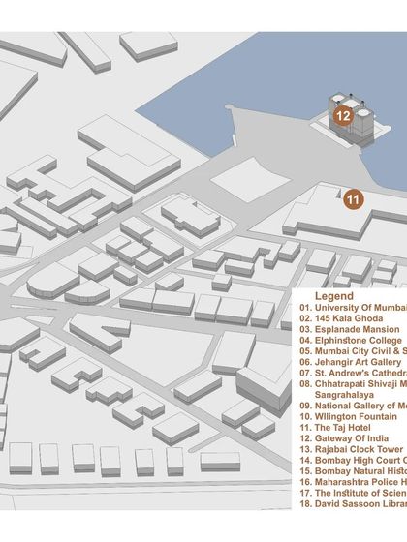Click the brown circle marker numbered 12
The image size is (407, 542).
point(342,114)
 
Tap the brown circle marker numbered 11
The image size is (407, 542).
point(354,199)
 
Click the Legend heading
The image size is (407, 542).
point(333,295)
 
